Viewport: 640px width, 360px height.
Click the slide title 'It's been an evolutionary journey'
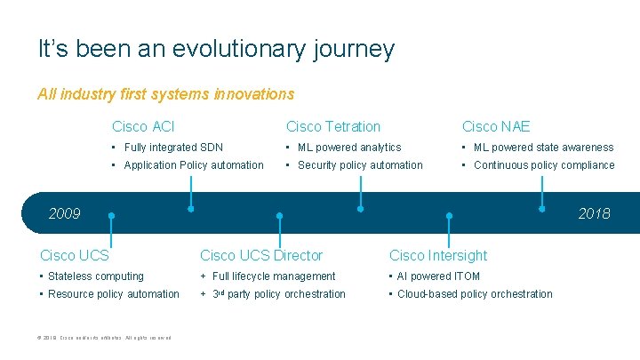(x=216, y=49)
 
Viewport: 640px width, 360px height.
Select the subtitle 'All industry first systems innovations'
(x=165, y=93)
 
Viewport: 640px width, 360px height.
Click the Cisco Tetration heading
(x=332, y=127)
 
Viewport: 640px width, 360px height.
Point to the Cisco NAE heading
(x=495, y=127)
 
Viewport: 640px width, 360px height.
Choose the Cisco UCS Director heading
(x=261, y=256)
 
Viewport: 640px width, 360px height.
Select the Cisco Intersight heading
(x=438, y=256)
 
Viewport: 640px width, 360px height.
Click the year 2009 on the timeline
(x=64, y=213)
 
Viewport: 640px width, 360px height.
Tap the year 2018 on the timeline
(x=594, y=213)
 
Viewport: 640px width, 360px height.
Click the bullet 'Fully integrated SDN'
(x=173, y=148)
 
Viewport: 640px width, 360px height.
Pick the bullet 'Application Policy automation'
(x=194, y=165)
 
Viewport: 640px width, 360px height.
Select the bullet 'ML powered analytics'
(x=349, y=148)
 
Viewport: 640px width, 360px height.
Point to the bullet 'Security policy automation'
(x=360, y=165)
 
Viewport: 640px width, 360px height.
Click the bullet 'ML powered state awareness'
(x=543, y=148)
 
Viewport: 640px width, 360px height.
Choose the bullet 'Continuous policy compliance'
(x=544, y=165)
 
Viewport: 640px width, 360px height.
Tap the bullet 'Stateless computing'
(x=95, y=276)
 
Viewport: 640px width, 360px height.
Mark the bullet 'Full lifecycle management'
(x=274, y=276)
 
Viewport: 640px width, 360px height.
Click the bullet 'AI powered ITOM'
(x=438, y=276)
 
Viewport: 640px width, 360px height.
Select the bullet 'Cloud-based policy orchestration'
(x=475, y=294)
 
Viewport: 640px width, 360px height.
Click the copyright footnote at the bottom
(x=106, y=336)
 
